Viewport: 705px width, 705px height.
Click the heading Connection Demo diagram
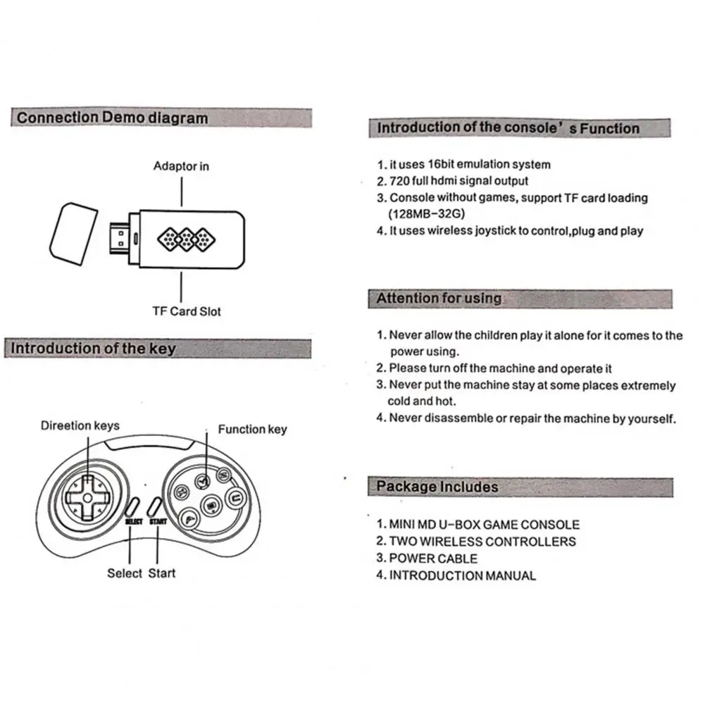coord(113,118)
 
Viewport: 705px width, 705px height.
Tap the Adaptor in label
coord(181,166)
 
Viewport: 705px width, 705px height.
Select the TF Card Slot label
coord(187,311)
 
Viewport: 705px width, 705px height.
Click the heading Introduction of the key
coord(94,349)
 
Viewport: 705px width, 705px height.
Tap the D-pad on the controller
coord(85,497)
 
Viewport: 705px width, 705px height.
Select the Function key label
coord(252,429)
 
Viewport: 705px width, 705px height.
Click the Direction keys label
coord(80,425)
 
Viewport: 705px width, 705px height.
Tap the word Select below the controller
coord(125,573)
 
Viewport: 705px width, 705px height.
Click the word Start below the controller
coord(162,573)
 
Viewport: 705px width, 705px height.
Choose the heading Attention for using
coord(439,299)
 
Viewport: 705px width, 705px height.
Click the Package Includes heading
coord(437,487)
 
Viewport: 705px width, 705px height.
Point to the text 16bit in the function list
coord(444,164)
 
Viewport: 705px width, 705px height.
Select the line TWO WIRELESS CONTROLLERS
coord(482,542)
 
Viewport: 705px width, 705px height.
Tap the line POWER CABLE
coord(433,559)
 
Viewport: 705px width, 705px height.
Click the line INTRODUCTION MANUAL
coord(463,575)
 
